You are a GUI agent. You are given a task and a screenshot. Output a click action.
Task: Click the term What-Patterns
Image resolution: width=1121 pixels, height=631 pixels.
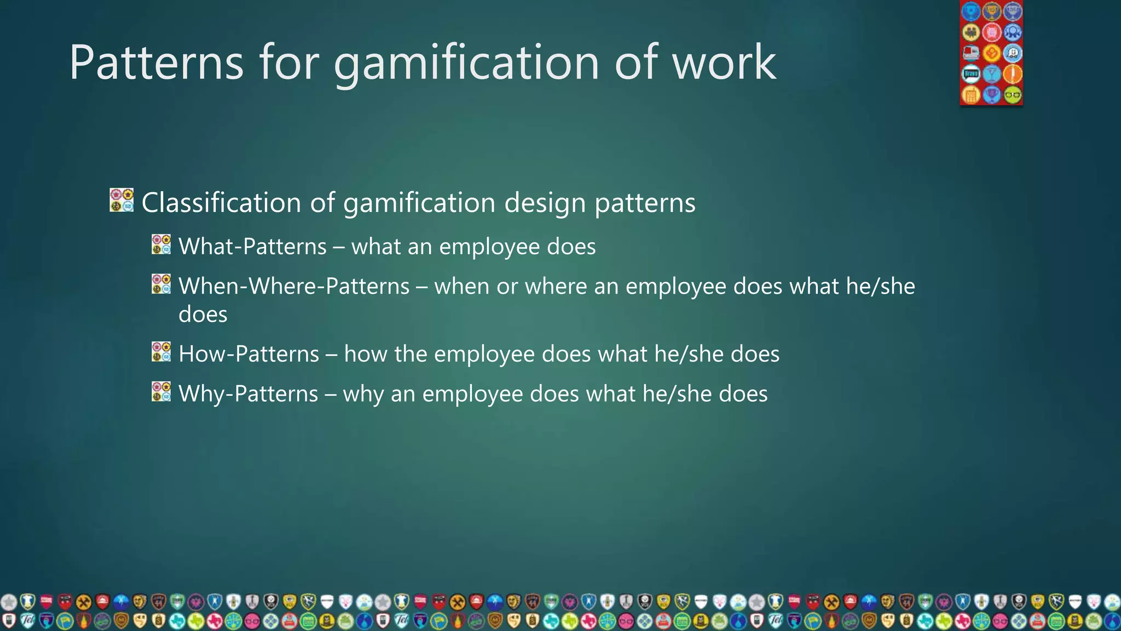point(252,246)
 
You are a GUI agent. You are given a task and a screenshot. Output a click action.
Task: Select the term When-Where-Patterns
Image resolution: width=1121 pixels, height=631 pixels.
point(294,286)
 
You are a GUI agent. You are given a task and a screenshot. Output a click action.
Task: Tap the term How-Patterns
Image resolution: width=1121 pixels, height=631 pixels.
point(249,354)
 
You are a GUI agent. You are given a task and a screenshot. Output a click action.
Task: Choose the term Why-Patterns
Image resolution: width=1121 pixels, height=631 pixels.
point(248,394)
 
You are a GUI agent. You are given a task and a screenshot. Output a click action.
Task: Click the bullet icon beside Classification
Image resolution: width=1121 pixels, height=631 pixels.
point(122,200)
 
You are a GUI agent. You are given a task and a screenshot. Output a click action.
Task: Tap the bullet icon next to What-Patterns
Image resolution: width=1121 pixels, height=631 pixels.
point(161,244)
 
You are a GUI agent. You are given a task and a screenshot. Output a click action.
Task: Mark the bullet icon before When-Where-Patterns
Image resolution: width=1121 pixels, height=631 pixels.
point(161,284)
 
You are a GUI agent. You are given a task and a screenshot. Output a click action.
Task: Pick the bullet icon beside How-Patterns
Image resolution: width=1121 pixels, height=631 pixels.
point(161,352)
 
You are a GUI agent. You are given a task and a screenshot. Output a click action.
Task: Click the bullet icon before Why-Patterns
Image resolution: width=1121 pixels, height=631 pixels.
point(161,392)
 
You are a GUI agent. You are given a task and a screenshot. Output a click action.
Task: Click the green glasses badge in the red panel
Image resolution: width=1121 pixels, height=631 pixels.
point(1013,95)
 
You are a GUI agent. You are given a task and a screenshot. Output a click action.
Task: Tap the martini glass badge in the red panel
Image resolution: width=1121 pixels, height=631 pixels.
point(991,74)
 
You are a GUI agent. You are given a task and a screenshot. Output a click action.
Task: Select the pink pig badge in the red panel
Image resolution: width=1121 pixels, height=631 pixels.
point(991,32)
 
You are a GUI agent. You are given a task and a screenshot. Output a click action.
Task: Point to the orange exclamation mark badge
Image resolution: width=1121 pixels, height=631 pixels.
point(1013,74)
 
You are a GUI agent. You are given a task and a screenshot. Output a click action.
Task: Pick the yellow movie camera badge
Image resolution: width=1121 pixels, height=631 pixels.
point(970,32)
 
